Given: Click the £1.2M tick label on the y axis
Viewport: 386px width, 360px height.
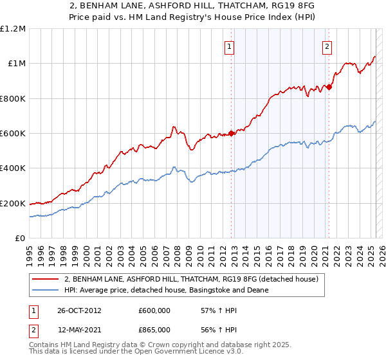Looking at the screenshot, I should click(13, 29).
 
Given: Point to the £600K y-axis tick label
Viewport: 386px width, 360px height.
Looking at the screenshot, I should click(13, 134).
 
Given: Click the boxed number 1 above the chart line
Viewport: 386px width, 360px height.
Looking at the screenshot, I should click(230, 46).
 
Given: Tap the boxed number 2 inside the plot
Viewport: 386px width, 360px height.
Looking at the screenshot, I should click(327, 46).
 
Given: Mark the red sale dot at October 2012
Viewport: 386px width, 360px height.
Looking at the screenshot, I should click(231, 134).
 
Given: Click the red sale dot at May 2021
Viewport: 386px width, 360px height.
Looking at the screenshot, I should click(329, 87).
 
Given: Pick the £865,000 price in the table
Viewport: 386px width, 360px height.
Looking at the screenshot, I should click(154, 330).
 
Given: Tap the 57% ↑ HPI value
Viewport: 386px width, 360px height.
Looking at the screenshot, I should click(210, 310).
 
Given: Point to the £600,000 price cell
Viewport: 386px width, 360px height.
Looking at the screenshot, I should click(154, 310).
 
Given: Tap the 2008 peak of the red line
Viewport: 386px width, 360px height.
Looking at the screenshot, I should click(174, 127).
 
